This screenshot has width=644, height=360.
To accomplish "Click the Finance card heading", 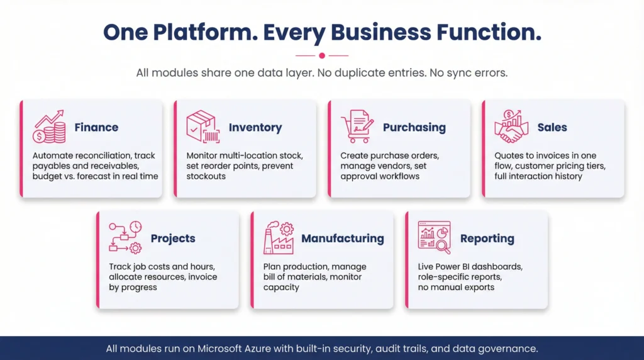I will (x=96, y=127).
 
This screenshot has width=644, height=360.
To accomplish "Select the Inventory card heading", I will (x=255, y=127).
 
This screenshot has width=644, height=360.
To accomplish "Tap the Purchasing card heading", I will (x=414, y=127).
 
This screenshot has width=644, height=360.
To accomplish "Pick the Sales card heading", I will (x=552, y=127).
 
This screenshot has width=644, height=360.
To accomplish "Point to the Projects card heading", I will (x=173, y=239).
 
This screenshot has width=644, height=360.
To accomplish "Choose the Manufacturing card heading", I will (x=342, y=239).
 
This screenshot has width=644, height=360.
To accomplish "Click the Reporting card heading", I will (x=487, y=239).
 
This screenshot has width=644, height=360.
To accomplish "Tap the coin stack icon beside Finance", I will (x=50, y=127).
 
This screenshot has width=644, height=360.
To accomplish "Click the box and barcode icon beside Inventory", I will (x=203, y=127).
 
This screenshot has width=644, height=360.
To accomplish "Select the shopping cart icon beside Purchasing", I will (x=357, y=127).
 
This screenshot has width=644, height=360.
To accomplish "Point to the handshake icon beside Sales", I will (x=511, y=127).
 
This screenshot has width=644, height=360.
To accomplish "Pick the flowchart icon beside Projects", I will (x=125, y=238).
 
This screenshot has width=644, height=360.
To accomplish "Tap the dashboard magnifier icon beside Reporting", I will (x=435, y=237).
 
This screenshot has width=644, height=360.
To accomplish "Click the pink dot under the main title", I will (x=322, y=55).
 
